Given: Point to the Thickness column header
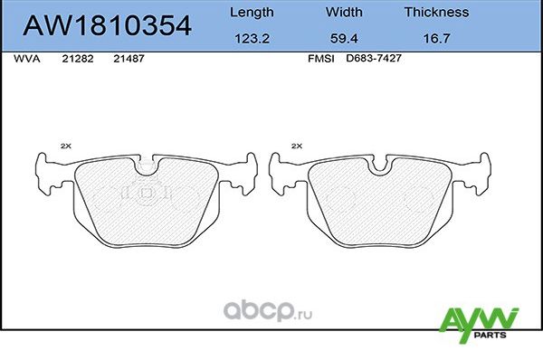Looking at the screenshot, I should point(436,13).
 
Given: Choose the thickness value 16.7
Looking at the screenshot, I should point(436,39).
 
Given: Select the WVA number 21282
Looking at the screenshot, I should point(76,58).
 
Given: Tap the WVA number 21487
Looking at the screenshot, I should point(129,58).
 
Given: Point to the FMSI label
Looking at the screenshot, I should point(322,58).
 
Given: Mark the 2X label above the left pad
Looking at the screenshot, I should point(65,145).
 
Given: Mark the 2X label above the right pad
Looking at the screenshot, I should point(297,145).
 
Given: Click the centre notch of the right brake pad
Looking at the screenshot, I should point(379,166).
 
